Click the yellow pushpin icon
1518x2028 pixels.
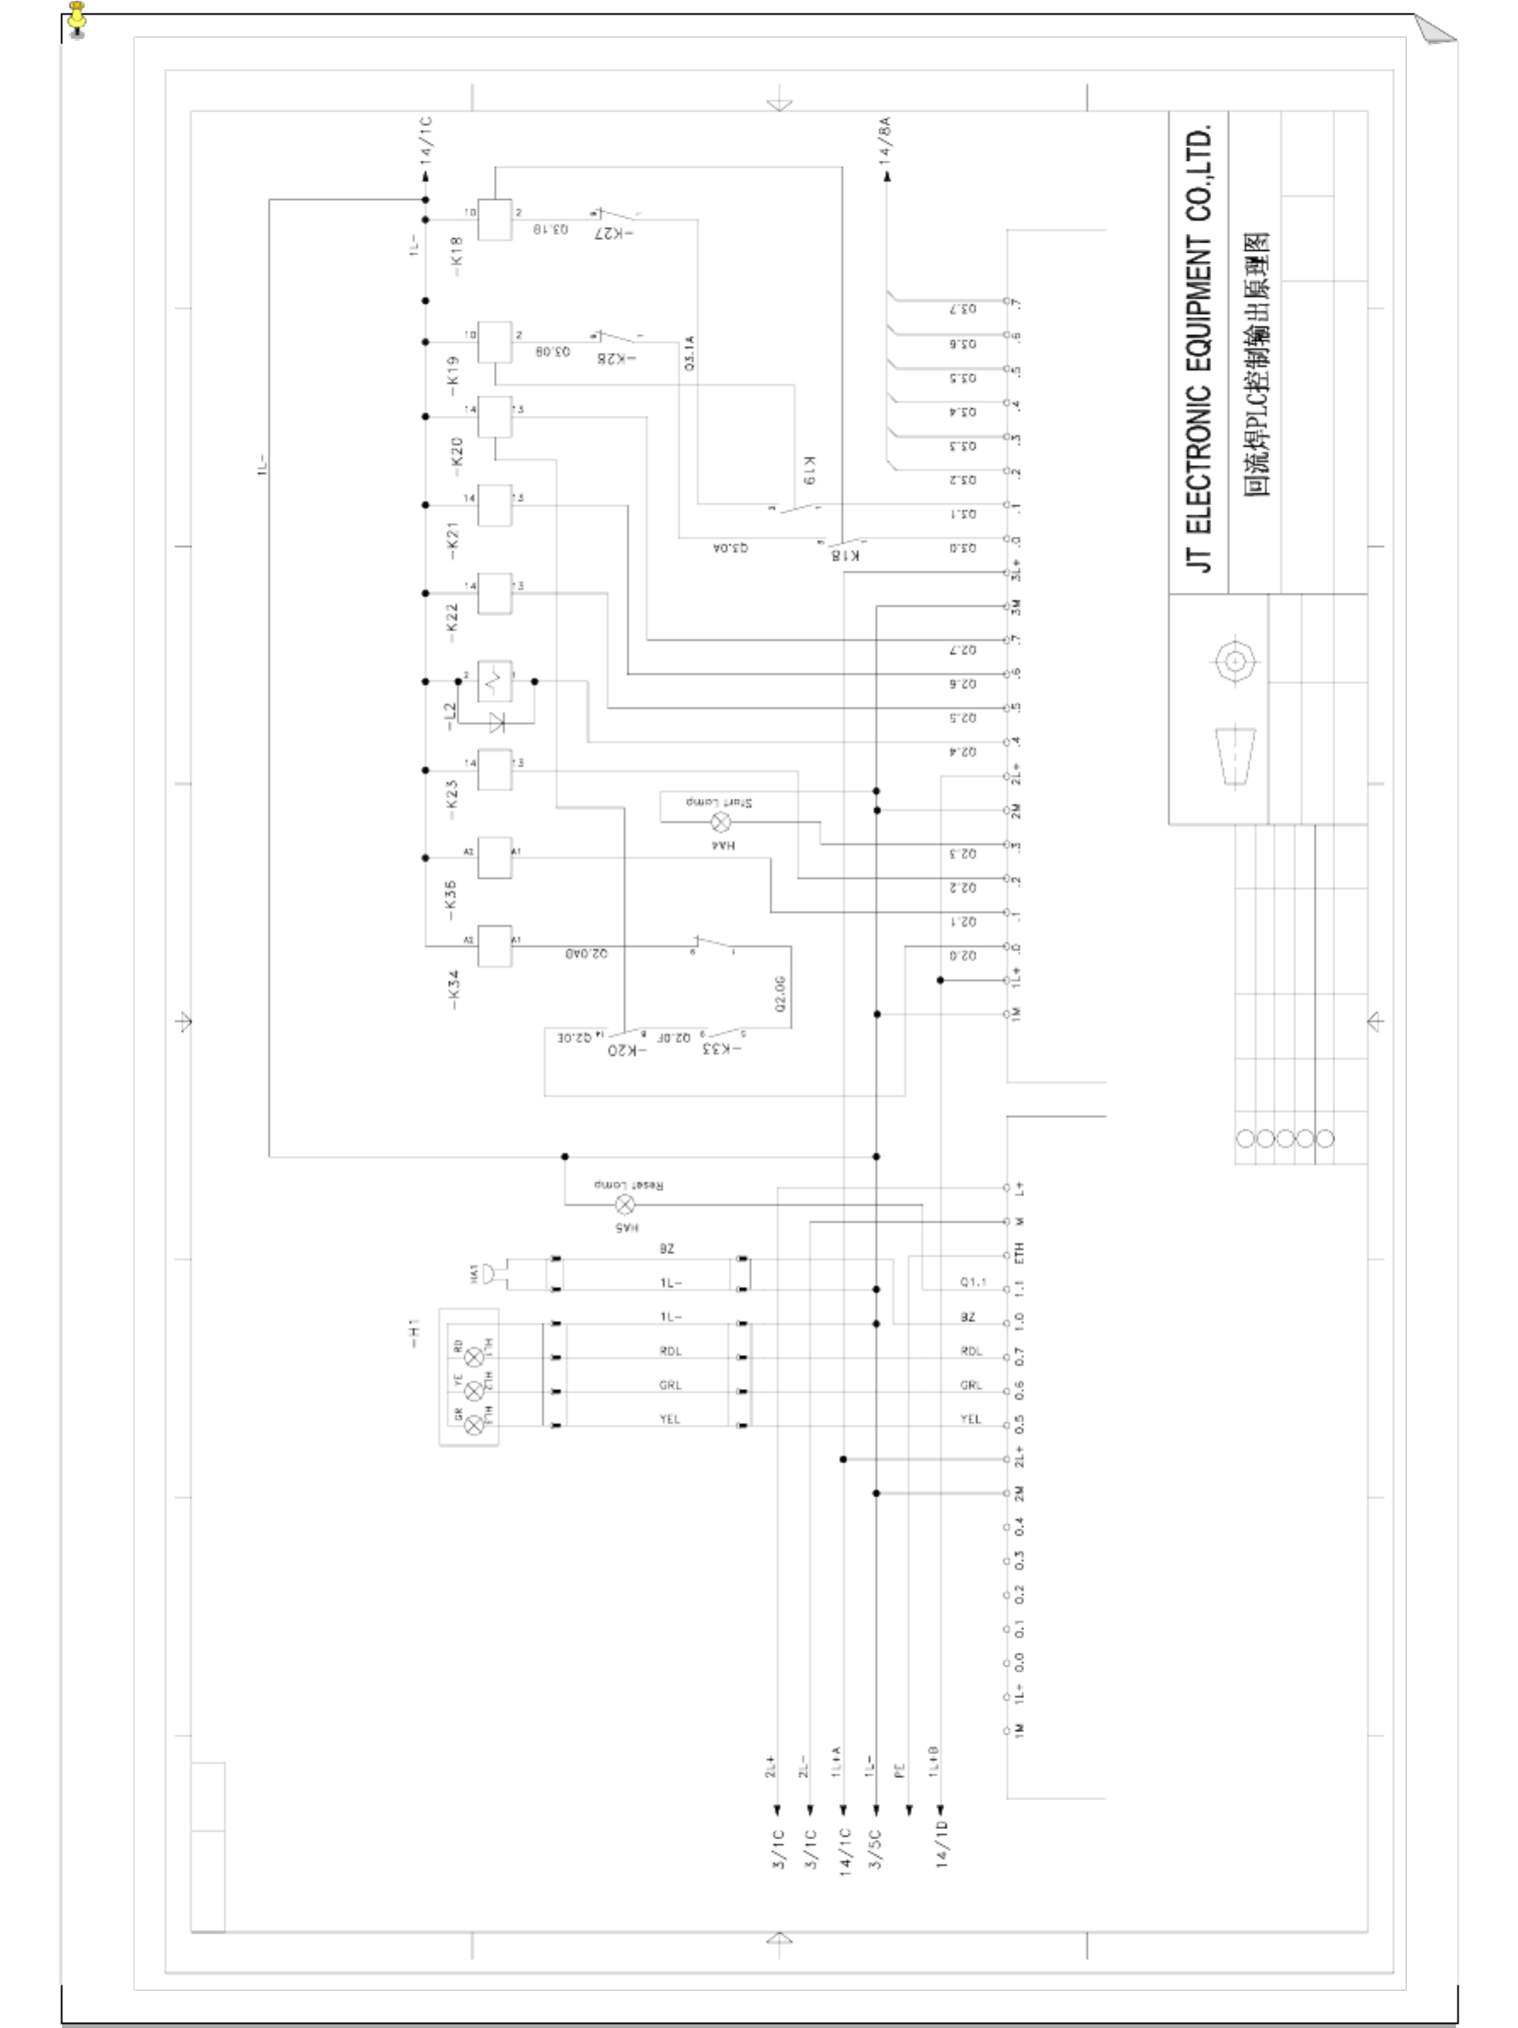click(77, 20)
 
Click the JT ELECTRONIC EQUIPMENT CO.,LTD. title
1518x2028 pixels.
click(1199, 349)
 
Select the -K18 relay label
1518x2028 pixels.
click(456, 250)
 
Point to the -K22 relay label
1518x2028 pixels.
click(451, 616)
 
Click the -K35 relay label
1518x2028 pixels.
click(450, 900)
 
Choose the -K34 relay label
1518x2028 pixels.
click(454, 990)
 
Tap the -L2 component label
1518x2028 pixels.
click(449, 716)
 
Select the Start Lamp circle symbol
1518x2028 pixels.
click(721, 822)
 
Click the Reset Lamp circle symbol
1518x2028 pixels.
click(624, 1204)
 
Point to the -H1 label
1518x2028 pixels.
click(414, 1333)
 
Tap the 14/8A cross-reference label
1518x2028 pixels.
click(886, 140)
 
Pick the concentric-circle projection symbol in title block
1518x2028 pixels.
click(1235, 660)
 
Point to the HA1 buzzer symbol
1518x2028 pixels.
click(492, 1274)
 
